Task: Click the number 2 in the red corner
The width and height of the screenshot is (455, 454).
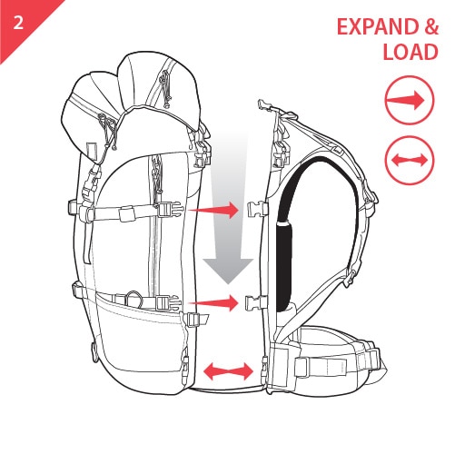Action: pos(18,23)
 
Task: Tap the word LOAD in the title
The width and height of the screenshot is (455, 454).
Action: pos(410,52)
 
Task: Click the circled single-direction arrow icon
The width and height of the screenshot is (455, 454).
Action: pos(410,100)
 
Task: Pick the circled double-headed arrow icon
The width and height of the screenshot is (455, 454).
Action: pos(410,160)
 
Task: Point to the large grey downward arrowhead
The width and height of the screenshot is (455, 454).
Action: pos(228,271)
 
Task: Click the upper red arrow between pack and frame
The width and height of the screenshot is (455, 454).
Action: pos(213,210)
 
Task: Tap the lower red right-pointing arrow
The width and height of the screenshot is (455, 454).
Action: pos(213,303)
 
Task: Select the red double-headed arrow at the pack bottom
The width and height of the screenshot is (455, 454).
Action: pos(229,371)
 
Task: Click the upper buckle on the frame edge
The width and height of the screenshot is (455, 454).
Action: pos(258,209)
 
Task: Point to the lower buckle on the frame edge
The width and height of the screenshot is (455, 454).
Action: pos(257,303)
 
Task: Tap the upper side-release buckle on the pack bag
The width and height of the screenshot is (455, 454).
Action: pos(171,210)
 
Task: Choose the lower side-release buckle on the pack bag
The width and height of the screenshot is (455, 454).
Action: pos(168,303)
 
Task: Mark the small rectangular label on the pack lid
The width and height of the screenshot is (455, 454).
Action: pos(91,150)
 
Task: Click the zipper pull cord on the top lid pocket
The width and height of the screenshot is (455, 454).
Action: pos(165,89)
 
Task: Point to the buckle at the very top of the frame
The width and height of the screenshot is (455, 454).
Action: pos(264,105)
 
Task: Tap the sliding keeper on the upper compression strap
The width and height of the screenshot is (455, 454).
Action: pos(127,214)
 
